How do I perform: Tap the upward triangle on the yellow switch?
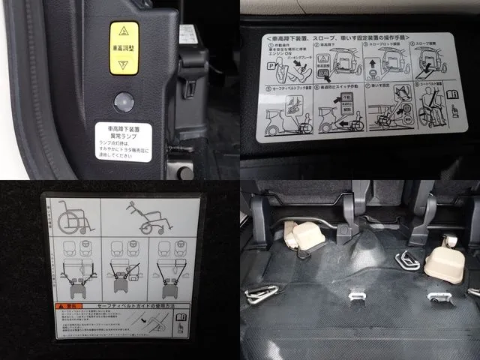click(x=124, y=32)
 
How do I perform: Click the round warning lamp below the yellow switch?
click(x=123, y=101)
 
